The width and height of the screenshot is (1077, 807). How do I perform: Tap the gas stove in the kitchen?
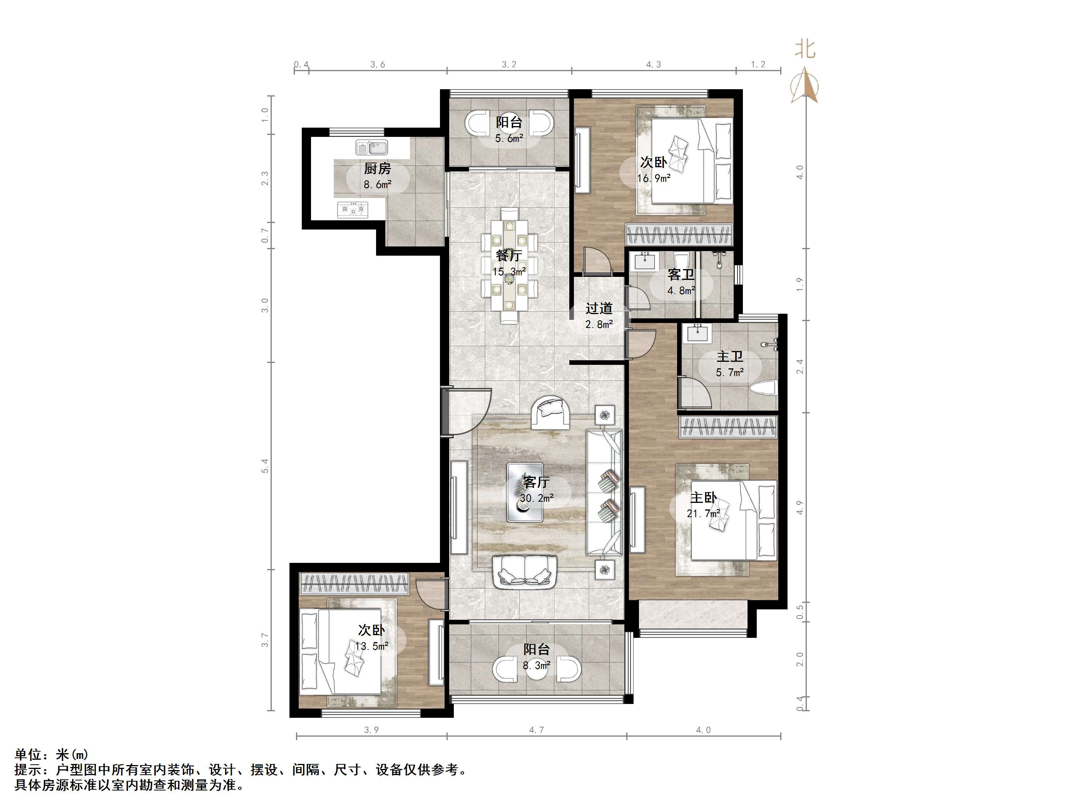[x=353, y=210]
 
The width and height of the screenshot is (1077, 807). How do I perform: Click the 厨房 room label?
[x=377, y=169]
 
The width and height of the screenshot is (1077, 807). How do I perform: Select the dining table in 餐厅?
[x=509, y=266]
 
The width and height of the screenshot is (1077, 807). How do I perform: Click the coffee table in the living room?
[x=525, y=492]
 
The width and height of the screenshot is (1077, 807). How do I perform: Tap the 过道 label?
[x=599, y=308]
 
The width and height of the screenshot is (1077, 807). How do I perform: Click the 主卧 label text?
[x=704, y=498]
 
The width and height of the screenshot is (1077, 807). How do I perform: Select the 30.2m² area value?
[x=537, y=498]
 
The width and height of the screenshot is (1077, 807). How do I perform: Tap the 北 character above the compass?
[x=805, y=49]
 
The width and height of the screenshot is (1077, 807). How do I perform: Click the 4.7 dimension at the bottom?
[x=537, y=730]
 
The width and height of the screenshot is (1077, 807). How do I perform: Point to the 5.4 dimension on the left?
[x=264, y=466]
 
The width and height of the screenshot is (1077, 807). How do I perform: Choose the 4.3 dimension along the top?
[x=654, y=64]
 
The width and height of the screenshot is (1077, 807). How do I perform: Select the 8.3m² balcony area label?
[x=537, y=665]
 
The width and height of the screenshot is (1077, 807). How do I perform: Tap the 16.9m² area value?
[x=654, y=178]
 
